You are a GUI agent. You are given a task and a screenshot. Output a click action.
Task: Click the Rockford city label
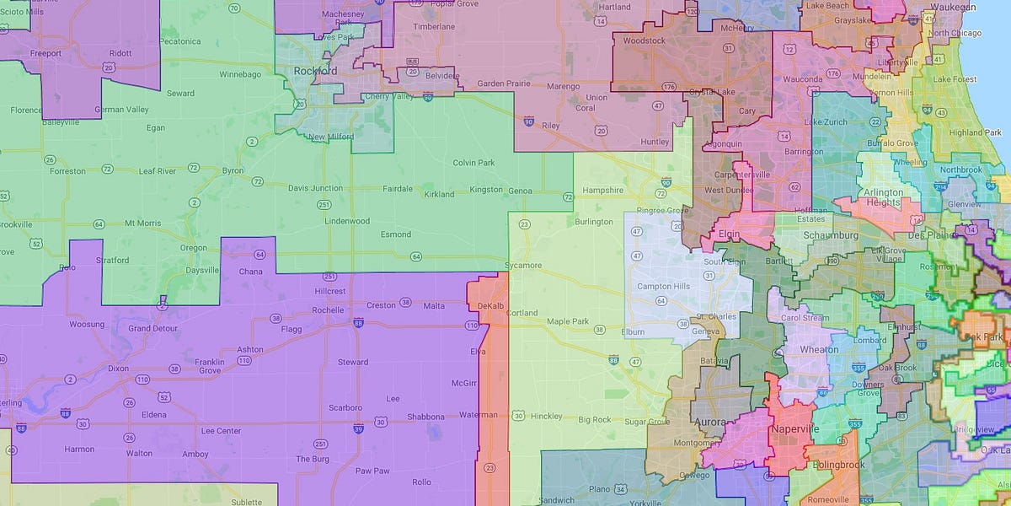click(x=315, y=72)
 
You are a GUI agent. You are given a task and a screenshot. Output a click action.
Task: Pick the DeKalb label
click(x=489, y=305)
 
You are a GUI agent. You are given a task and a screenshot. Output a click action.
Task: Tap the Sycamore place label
click(x=523, y=266)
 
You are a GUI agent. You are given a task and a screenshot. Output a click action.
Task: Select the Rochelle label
click(x=328, y=310)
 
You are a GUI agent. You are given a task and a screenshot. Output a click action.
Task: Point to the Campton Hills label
click(x=663, y=287)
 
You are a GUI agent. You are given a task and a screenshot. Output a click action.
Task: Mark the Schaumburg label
click(x=832, y=236)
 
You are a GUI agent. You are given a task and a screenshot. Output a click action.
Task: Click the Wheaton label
click(x=819, y=349)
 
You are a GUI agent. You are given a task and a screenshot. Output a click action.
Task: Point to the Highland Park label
click(x=974, y=132)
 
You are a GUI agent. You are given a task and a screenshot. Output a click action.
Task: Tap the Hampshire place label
click(x=602, y=191)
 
